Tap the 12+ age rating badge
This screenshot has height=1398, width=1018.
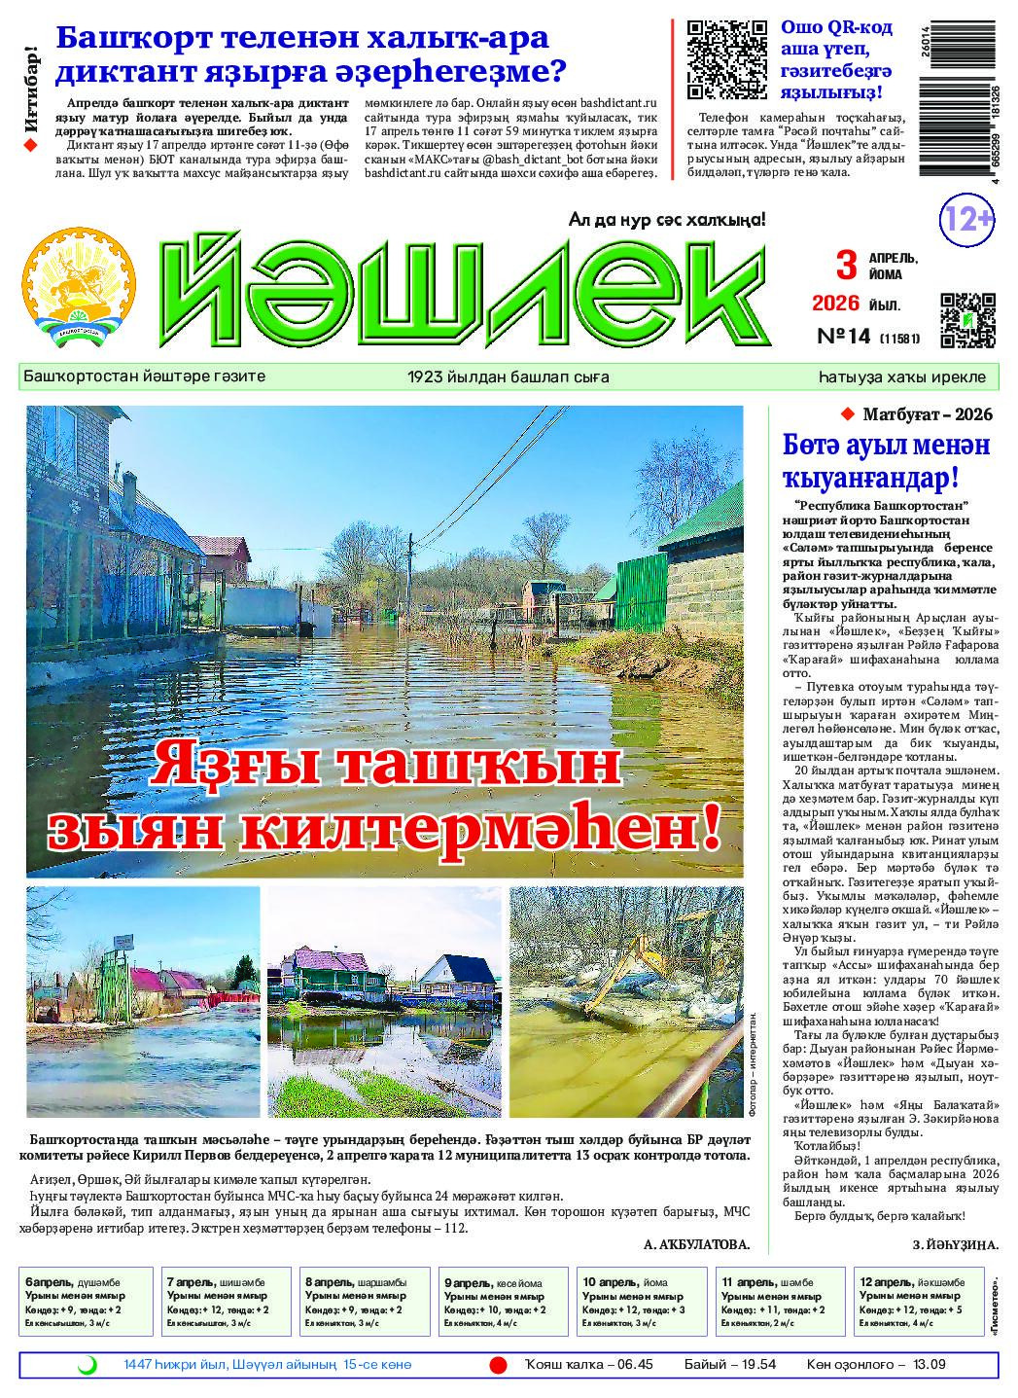click(x=966, y=220)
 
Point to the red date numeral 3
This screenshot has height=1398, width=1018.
click(x=848, y=265)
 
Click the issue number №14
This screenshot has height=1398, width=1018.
click(x=841, y=337)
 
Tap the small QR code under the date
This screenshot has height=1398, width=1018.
click(x=968, y=320)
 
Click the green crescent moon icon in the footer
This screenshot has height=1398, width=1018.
click(x=87, y=1365)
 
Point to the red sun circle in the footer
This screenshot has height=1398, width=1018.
click(x=498, y=1365)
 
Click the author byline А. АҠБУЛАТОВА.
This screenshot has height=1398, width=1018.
click(x=696, y=1244)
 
